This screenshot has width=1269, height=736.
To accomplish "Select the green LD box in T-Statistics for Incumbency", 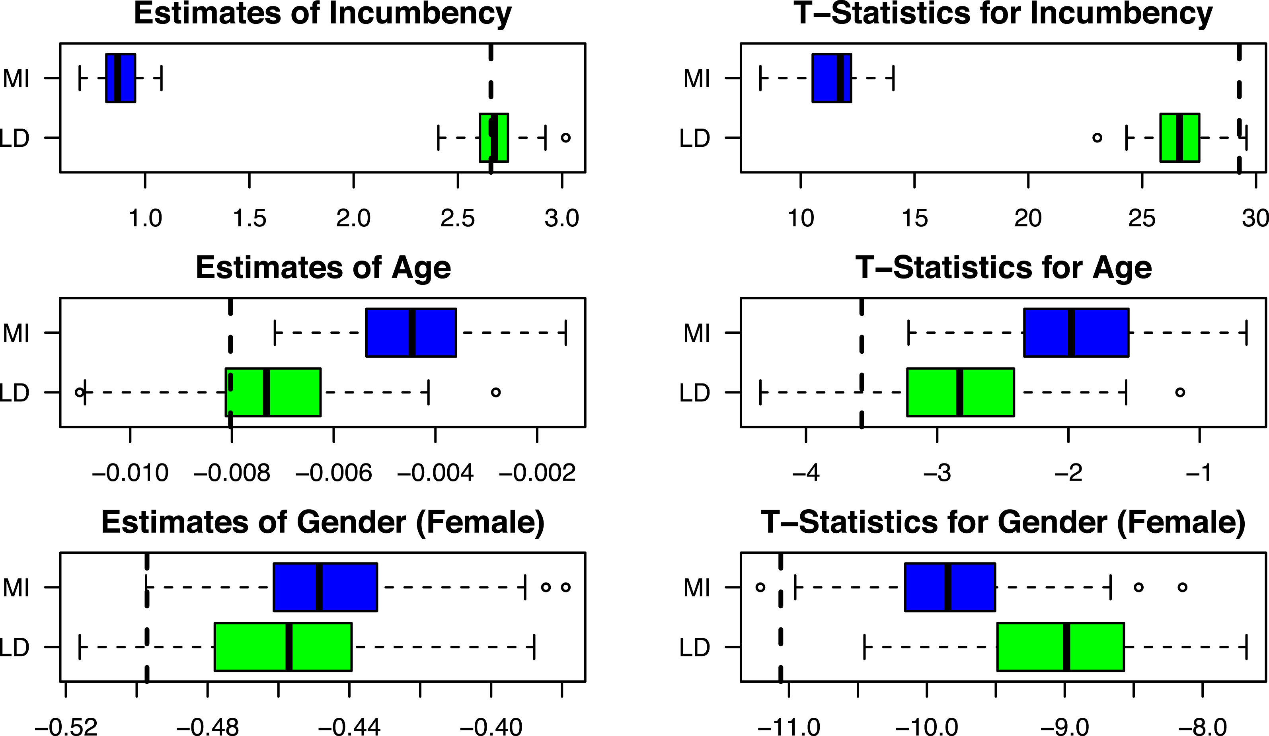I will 1180,137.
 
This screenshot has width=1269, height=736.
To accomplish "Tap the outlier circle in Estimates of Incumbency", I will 565,137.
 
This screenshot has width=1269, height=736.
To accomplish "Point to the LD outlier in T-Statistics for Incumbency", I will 1097,137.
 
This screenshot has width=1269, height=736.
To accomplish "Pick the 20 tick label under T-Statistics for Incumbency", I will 1028,218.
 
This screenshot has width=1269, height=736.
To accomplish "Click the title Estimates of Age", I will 323,267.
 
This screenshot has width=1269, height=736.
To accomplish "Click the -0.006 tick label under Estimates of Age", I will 333,473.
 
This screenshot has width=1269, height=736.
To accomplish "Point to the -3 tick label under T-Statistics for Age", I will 937,473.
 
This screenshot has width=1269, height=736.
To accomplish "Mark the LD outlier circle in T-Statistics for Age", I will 1180,392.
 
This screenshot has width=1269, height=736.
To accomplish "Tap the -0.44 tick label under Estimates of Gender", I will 349,727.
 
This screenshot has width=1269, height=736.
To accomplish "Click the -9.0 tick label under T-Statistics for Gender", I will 1064,727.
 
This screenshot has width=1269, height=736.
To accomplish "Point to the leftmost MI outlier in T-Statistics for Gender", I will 760,587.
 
